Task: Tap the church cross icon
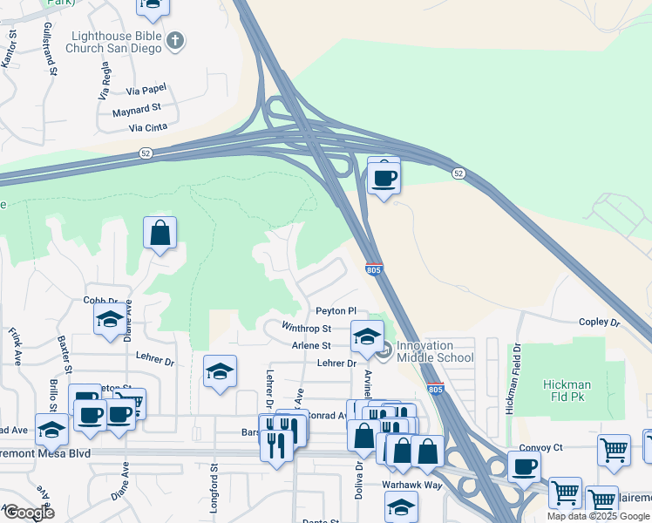(x=175, y=41)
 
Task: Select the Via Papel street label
(x=146, y=90)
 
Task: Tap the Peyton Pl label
(x=336, y=311)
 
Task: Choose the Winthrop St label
(x=306, y=329)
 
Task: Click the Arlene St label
(x=311, y=346)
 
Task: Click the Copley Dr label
(x=599, y=323)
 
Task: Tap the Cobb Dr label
(x=100, y=300)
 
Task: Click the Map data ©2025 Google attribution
(x=599, y=516)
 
